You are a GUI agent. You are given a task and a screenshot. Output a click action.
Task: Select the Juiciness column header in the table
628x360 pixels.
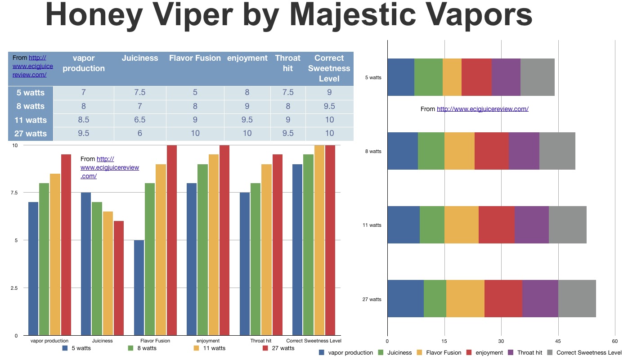[x=139, y=58]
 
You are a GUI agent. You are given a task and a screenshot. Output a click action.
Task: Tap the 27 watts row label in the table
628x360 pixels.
[x=31, y=134]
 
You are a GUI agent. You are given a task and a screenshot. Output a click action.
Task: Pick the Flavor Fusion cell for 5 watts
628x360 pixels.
[x=195, y=93]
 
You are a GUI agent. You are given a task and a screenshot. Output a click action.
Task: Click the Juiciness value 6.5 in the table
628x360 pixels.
[x=139, y=120]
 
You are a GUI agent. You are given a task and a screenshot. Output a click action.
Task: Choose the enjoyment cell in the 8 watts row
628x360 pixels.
[x=247, y=106]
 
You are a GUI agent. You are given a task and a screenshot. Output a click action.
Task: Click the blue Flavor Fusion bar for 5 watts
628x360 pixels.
[x=139, y=288]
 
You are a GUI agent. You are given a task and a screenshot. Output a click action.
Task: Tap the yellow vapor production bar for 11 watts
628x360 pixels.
[x=55, y=254]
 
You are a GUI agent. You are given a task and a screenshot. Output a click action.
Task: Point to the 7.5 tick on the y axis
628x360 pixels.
[x=15, y=193]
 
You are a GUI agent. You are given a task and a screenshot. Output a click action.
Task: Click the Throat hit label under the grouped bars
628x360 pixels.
[x=261, y=341]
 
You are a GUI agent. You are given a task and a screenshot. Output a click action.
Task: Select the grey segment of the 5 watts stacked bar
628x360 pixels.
[x=537, y=77]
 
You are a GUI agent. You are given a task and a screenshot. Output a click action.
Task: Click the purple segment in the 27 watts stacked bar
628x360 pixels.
[x=540, y=298]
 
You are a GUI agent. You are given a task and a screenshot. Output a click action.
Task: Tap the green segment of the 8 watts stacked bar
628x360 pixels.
[x=431, y=151]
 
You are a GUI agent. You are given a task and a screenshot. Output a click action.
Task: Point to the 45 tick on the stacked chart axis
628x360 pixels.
[x=558, y=341]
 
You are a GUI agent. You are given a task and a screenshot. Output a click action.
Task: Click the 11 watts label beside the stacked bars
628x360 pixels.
[x=372, y=225]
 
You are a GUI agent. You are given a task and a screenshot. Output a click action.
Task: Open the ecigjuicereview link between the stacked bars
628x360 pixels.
[x=482, y=109]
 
